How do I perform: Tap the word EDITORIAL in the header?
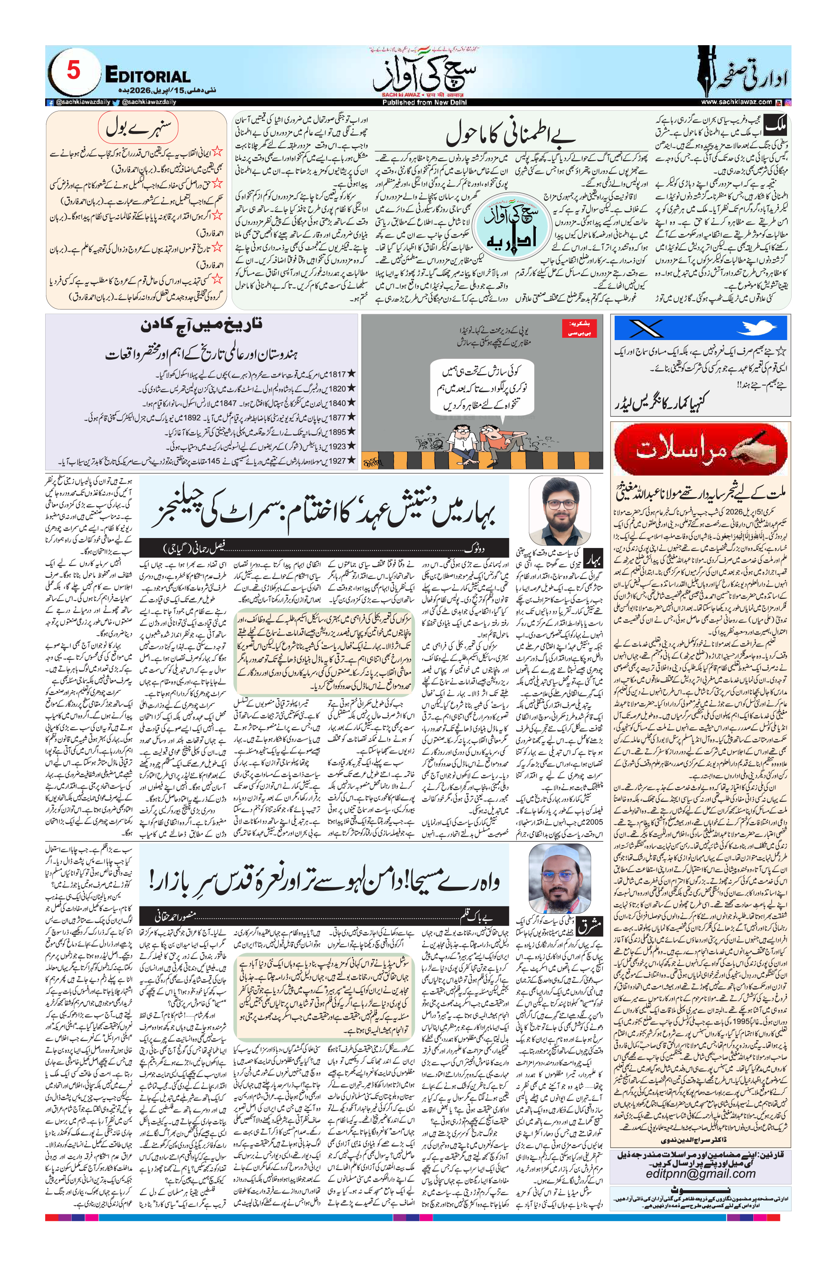click(147, 76)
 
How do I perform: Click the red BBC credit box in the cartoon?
click(579, 328)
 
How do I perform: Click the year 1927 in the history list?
click(337, 461)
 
